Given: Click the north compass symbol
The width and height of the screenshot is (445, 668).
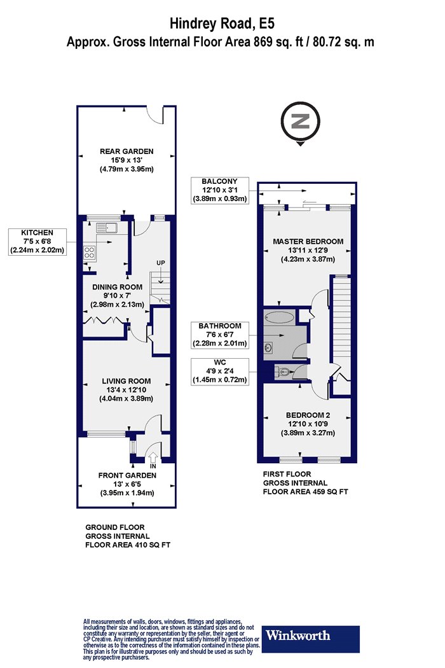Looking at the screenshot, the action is pos(301,123).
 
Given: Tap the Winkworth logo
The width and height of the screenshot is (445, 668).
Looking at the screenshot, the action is pos(310,639).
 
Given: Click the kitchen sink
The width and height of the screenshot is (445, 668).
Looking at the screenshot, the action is pos(106,228).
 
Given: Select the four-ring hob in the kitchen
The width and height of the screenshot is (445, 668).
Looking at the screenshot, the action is pos(90,253).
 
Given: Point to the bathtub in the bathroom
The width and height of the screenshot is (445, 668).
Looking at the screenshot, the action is pos(279,317).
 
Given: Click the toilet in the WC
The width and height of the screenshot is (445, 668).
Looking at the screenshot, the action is pos(282,372).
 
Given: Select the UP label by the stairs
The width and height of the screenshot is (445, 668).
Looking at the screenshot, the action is pos(161,263).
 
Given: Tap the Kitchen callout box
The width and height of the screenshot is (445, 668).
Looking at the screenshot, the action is pos(38,242).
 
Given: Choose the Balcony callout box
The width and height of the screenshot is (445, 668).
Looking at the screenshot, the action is pos(220,190).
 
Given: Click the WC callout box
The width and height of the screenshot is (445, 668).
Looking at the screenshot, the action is pos(220,371).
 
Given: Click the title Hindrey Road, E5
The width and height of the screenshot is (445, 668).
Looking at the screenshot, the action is pos(222,24).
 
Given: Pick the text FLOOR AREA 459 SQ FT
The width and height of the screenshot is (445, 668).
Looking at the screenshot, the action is pos(305,492).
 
